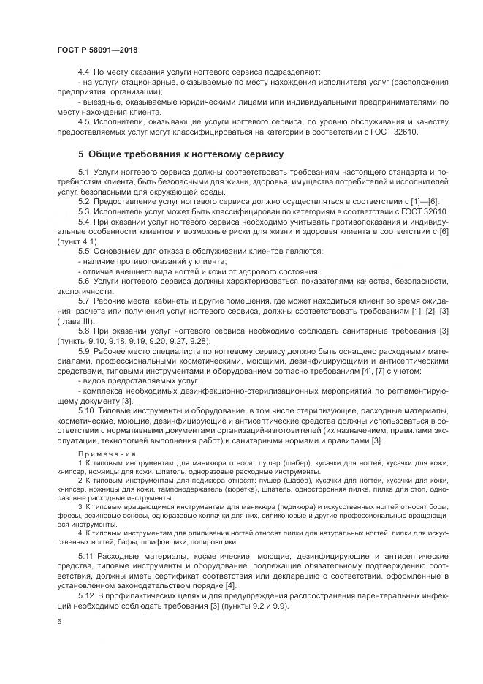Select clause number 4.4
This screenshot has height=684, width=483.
coord(83,72)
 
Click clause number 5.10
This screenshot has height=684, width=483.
coord(85,411)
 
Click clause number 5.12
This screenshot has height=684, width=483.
coord(85,597)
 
